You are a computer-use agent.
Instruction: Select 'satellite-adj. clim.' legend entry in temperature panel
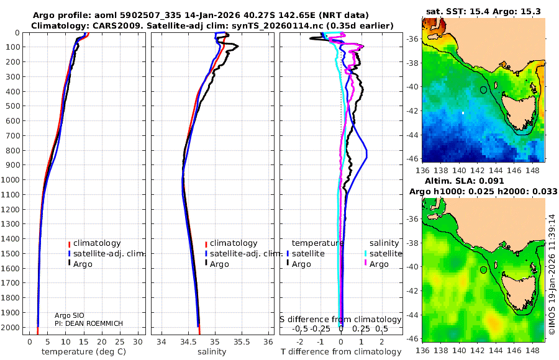pos(103,253)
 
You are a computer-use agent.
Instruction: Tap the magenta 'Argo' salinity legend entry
pos(378,264)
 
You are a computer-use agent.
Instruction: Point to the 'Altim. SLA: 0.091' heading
pos(480,180)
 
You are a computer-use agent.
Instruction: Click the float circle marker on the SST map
pos(483,90)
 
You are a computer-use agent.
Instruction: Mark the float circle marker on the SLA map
pos(483,270)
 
